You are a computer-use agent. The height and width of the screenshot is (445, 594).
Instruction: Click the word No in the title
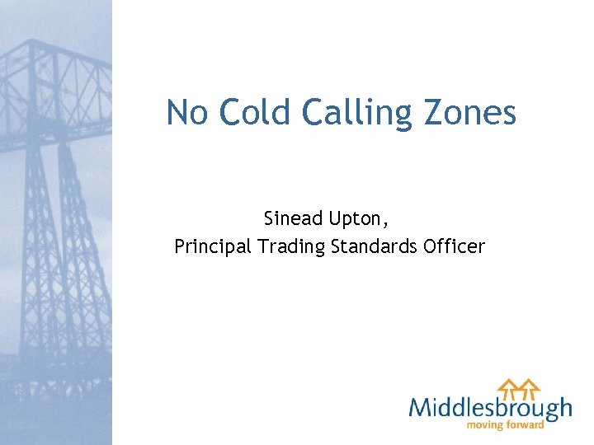click(186, 112)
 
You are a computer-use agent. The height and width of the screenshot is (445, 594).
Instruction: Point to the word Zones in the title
click(472, 112)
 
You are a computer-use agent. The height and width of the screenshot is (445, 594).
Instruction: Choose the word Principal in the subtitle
click(213, 246)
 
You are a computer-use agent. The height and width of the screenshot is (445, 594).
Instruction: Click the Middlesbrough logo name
click(490, 407)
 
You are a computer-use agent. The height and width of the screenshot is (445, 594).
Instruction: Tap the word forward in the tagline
click(526, 425)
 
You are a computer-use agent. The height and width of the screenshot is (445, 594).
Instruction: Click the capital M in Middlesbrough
click(420, 407)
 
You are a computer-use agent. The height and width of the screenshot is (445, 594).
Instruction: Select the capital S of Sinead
click(269, 219)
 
